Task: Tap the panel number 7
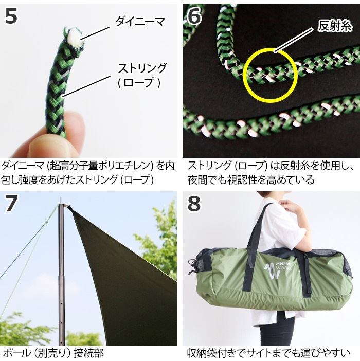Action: [12, 203]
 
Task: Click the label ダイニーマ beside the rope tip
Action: [139, 21]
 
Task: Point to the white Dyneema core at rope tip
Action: [74, 37]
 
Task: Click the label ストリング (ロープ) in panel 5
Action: [142, 75]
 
